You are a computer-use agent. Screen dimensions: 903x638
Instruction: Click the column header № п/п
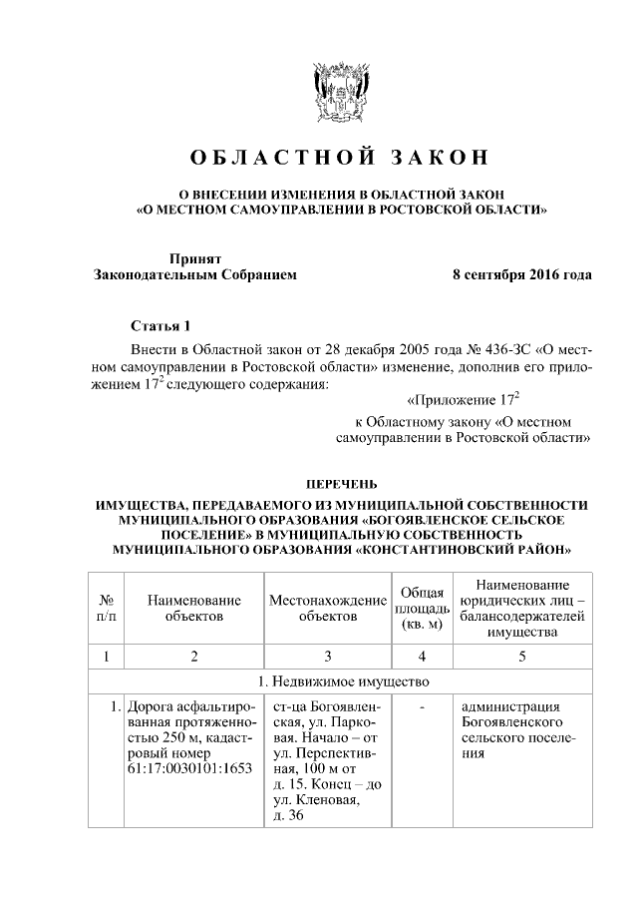[x=105, y=609]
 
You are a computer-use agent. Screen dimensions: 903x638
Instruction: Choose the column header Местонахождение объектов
[x=327, y=609]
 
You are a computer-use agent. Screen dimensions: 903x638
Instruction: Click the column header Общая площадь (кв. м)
[x=421, y=609]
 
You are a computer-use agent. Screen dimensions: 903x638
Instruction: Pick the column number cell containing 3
[x=327, y=656]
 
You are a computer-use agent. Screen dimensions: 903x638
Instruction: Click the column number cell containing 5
[x=521, y=656]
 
